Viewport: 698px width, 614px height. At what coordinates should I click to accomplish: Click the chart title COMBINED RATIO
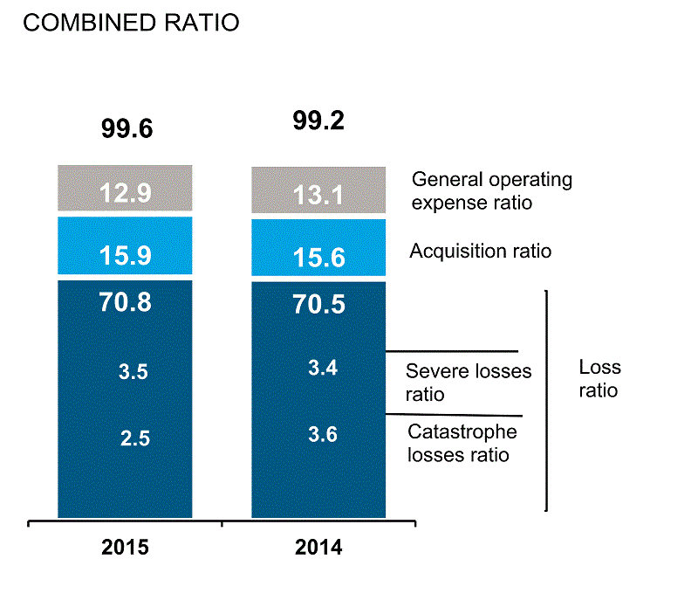(131, 24)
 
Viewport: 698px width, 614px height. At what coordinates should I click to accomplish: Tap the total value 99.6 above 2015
(127, 129)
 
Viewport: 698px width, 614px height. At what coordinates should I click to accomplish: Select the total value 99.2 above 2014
(318, 121)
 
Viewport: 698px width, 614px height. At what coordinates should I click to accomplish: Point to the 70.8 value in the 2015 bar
(125, 302)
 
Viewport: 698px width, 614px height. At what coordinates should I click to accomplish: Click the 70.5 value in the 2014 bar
(318, 304)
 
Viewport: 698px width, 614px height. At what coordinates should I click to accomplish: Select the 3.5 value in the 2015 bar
(133, 372)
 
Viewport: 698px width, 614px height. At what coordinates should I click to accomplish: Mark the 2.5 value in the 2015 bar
(135, 438)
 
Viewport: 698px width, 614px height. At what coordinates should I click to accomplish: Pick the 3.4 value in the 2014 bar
(323, 368)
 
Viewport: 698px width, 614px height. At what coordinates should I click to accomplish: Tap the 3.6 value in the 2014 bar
(323, 434)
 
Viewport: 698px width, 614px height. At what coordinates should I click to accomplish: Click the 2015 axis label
(126, 549)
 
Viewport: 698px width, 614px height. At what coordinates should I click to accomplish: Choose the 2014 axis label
(318, 549)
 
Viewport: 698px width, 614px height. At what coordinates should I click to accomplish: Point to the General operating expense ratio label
(492, 191)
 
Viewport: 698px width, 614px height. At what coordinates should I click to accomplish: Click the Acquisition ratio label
(481, 252)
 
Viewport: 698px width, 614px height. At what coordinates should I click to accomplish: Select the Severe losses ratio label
(469, 383)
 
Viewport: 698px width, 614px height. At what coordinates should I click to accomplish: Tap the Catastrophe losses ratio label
(462, 443)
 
